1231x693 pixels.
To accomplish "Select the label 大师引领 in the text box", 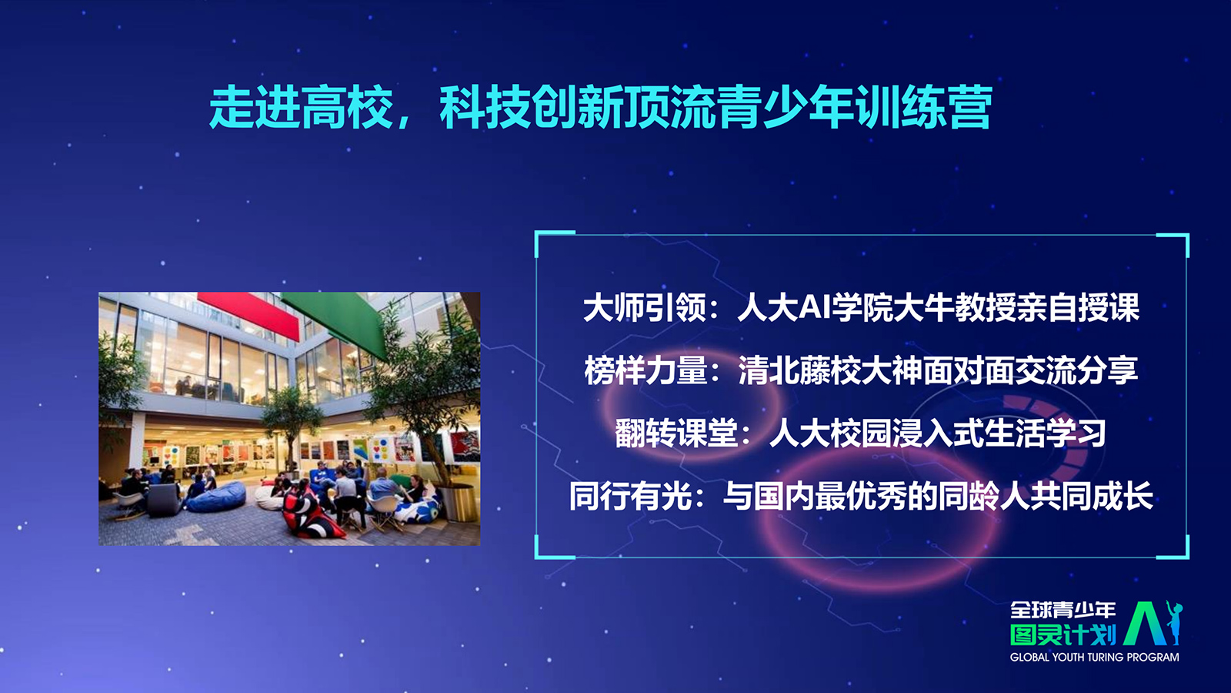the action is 644,307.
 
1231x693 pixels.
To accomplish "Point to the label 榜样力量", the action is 646,370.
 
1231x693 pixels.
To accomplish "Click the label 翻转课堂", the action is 676,433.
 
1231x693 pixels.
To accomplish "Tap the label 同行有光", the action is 630,496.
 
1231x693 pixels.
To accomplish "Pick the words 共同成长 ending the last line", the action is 1091,496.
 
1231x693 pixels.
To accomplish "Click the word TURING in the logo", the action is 1104,658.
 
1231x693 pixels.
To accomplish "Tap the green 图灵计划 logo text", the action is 1063,634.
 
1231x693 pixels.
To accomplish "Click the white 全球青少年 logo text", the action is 1063,609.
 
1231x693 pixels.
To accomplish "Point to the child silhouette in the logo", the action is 1174,623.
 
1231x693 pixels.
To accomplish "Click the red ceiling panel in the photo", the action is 249,314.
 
